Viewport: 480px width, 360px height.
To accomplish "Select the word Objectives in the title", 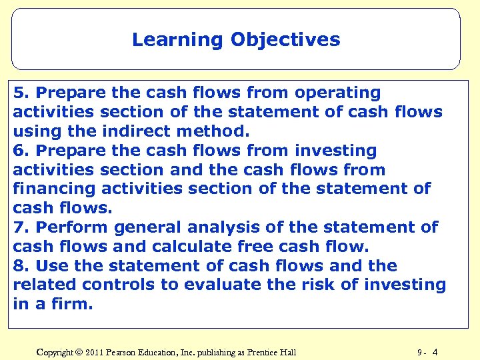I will point(285,40).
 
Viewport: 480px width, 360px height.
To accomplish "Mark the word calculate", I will point(189,247).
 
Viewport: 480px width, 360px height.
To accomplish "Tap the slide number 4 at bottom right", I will point(435,352).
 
